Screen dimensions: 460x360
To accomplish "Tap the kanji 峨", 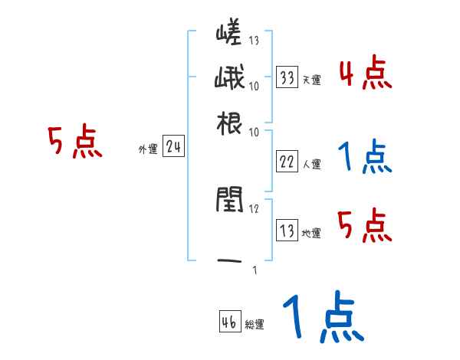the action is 229,79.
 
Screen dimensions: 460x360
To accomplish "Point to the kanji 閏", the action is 229,201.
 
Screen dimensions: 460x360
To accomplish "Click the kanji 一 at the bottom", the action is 229,261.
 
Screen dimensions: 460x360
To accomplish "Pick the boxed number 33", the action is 287,77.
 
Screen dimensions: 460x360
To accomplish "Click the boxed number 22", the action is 287,162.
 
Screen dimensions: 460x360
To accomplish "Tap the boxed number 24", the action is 173,148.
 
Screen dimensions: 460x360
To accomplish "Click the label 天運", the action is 311,80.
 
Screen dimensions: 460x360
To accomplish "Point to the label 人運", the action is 311,164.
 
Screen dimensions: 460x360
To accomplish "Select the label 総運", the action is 254,325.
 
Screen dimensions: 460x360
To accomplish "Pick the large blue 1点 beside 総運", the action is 322,318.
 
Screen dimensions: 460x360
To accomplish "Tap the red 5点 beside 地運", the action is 365,225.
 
